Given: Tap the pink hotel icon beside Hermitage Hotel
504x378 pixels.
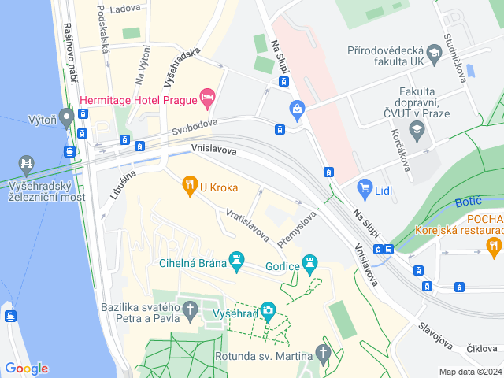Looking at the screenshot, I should click(208, 98).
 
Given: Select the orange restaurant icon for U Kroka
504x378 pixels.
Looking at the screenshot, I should click(189, 187).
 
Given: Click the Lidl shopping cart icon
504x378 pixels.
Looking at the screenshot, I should click(364, 187).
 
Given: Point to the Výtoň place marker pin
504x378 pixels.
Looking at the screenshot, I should click(66, 117).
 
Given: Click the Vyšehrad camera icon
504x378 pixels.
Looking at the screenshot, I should click(268, 311).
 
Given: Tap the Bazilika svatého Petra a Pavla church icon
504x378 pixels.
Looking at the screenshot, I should click(189, 312).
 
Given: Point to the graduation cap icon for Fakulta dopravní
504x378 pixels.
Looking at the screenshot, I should click(417, 129).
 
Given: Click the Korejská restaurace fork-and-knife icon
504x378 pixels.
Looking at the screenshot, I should click(494, 246).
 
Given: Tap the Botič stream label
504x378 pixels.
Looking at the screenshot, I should click(469, 202).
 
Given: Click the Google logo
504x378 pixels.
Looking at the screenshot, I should click(26, 368).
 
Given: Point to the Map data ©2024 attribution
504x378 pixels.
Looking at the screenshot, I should click(469, 372).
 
